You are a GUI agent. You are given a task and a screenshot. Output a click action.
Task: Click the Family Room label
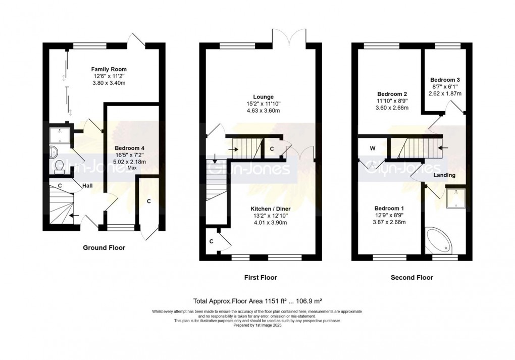109,69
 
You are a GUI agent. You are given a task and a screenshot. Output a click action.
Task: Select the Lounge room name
264,96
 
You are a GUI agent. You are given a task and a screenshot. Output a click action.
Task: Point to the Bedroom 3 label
445,80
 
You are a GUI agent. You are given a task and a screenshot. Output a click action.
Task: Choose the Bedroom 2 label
392,94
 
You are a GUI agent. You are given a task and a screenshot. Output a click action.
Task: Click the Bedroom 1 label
389,209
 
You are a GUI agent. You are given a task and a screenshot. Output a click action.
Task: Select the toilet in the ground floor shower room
59,166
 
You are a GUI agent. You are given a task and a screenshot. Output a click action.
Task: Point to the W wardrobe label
372,148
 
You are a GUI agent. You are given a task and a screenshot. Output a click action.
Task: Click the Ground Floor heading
104,248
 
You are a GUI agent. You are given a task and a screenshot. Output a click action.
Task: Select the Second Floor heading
411,278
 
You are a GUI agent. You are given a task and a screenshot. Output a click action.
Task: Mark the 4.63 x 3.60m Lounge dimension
264,111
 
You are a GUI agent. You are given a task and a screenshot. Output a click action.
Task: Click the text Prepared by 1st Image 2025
257,326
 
